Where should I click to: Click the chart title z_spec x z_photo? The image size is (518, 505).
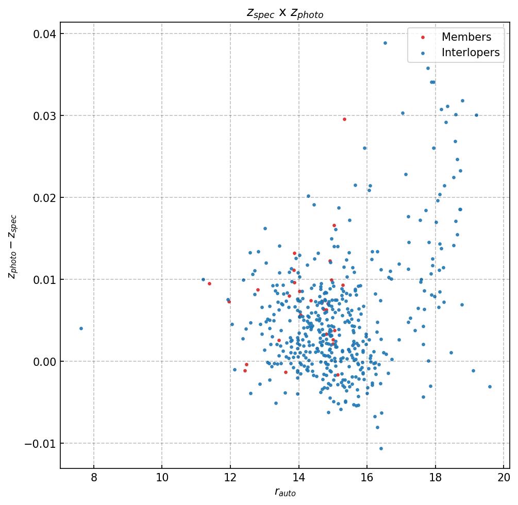point(285,13)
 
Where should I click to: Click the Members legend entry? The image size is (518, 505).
point(466,37)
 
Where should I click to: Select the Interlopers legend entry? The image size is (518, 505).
point(470,53)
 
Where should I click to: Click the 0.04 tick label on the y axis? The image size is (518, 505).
point(45,34)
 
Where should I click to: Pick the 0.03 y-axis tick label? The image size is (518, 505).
point(45,116)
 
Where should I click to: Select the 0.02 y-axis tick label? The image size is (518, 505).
point(45,198)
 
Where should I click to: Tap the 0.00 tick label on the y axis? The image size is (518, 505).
point(45,362)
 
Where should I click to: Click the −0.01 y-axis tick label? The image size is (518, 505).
point(41,444)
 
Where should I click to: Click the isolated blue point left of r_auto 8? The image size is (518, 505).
point(81,328)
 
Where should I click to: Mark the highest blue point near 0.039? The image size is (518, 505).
point(385,43)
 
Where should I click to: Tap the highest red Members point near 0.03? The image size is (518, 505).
point(344,119)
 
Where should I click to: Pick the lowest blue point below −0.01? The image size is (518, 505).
point(381,448)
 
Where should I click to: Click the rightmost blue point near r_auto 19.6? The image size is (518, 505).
point(490,386)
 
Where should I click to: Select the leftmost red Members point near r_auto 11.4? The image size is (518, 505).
point(209,283)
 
